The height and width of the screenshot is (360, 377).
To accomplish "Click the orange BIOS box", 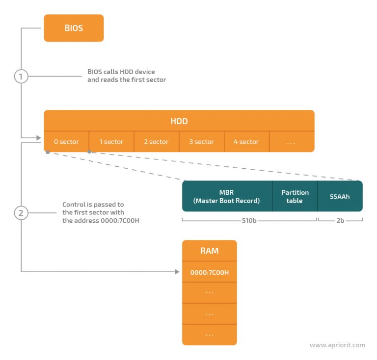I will [74, 28].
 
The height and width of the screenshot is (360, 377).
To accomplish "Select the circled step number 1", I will [21, 77].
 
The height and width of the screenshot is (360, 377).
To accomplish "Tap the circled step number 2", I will [21, 213].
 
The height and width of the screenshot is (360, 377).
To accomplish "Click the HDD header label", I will [179, 121].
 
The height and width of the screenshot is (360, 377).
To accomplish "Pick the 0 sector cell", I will [66, 142].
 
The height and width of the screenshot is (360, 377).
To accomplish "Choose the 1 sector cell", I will [111, 142].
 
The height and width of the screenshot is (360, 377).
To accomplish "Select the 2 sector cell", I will [156, 142].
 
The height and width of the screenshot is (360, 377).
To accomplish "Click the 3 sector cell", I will [201, 142].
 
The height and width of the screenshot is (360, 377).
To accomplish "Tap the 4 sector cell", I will [246, 142].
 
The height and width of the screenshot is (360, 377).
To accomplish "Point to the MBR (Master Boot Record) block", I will [226, 196].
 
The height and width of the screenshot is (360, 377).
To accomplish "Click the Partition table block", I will [295, 196].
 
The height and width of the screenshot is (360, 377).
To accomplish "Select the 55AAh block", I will [340, 196].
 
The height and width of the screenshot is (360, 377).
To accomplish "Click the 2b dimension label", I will [340, 221].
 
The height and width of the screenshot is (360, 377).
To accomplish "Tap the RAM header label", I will [209, 251].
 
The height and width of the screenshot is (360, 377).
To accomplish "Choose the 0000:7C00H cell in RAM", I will [209, 272].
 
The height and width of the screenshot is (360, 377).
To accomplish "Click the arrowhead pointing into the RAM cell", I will [178, 271].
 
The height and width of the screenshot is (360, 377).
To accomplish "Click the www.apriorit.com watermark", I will [337, 345].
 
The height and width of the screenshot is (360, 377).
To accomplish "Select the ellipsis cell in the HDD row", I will [291, 142].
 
